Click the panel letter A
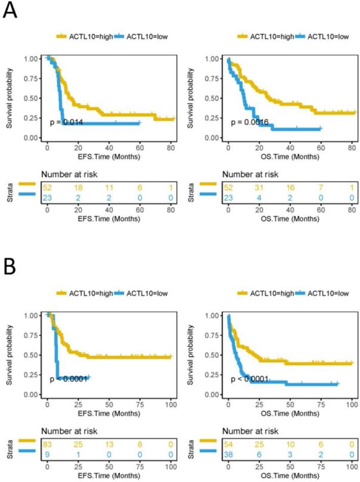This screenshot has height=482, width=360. [x=10, y=10]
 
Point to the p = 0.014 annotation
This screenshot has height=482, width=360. [x=66, y=122]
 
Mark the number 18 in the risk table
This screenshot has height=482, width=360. [x=77, y=186]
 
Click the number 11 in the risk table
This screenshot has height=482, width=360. [x=108, y=186]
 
